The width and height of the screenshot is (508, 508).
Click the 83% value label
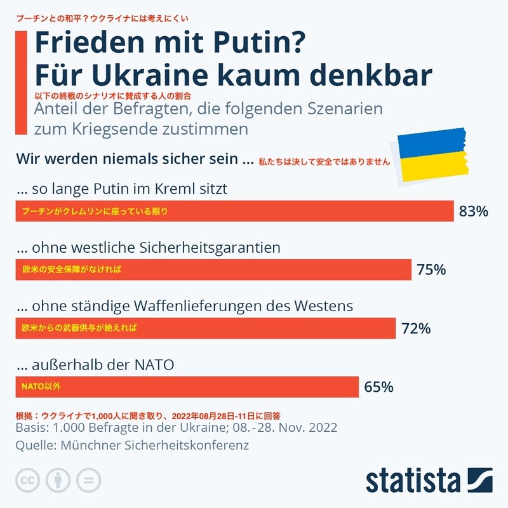click(x=473, y=211)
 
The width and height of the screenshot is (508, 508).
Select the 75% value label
click(x=431, y=270)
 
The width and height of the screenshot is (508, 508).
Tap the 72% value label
click(x=416, y=328)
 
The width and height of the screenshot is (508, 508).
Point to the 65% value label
click(x=378, y=386)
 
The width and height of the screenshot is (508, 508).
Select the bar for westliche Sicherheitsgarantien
click(x=213, y=269)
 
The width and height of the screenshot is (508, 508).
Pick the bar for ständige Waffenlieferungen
click(x=205, y=328)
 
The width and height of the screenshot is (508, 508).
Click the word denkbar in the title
click(x=371, y=74)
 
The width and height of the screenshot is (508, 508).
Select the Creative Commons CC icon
click(x=27, y=479)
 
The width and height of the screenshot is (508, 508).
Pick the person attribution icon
click(x=58, y=479)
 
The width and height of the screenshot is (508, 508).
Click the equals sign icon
click(x=89, y=479)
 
